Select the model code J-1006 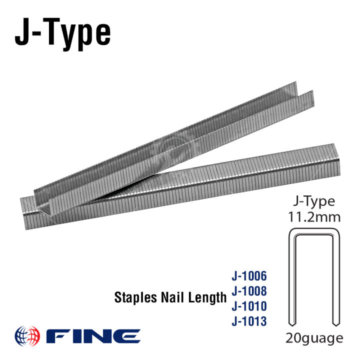point(249,276)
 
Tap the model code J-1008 point(249,291)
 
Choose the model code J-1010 point(249,306)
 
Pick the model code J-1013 point(249,321)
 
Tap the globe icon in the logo point(27,336)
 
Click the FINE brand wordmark point(93,336)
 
